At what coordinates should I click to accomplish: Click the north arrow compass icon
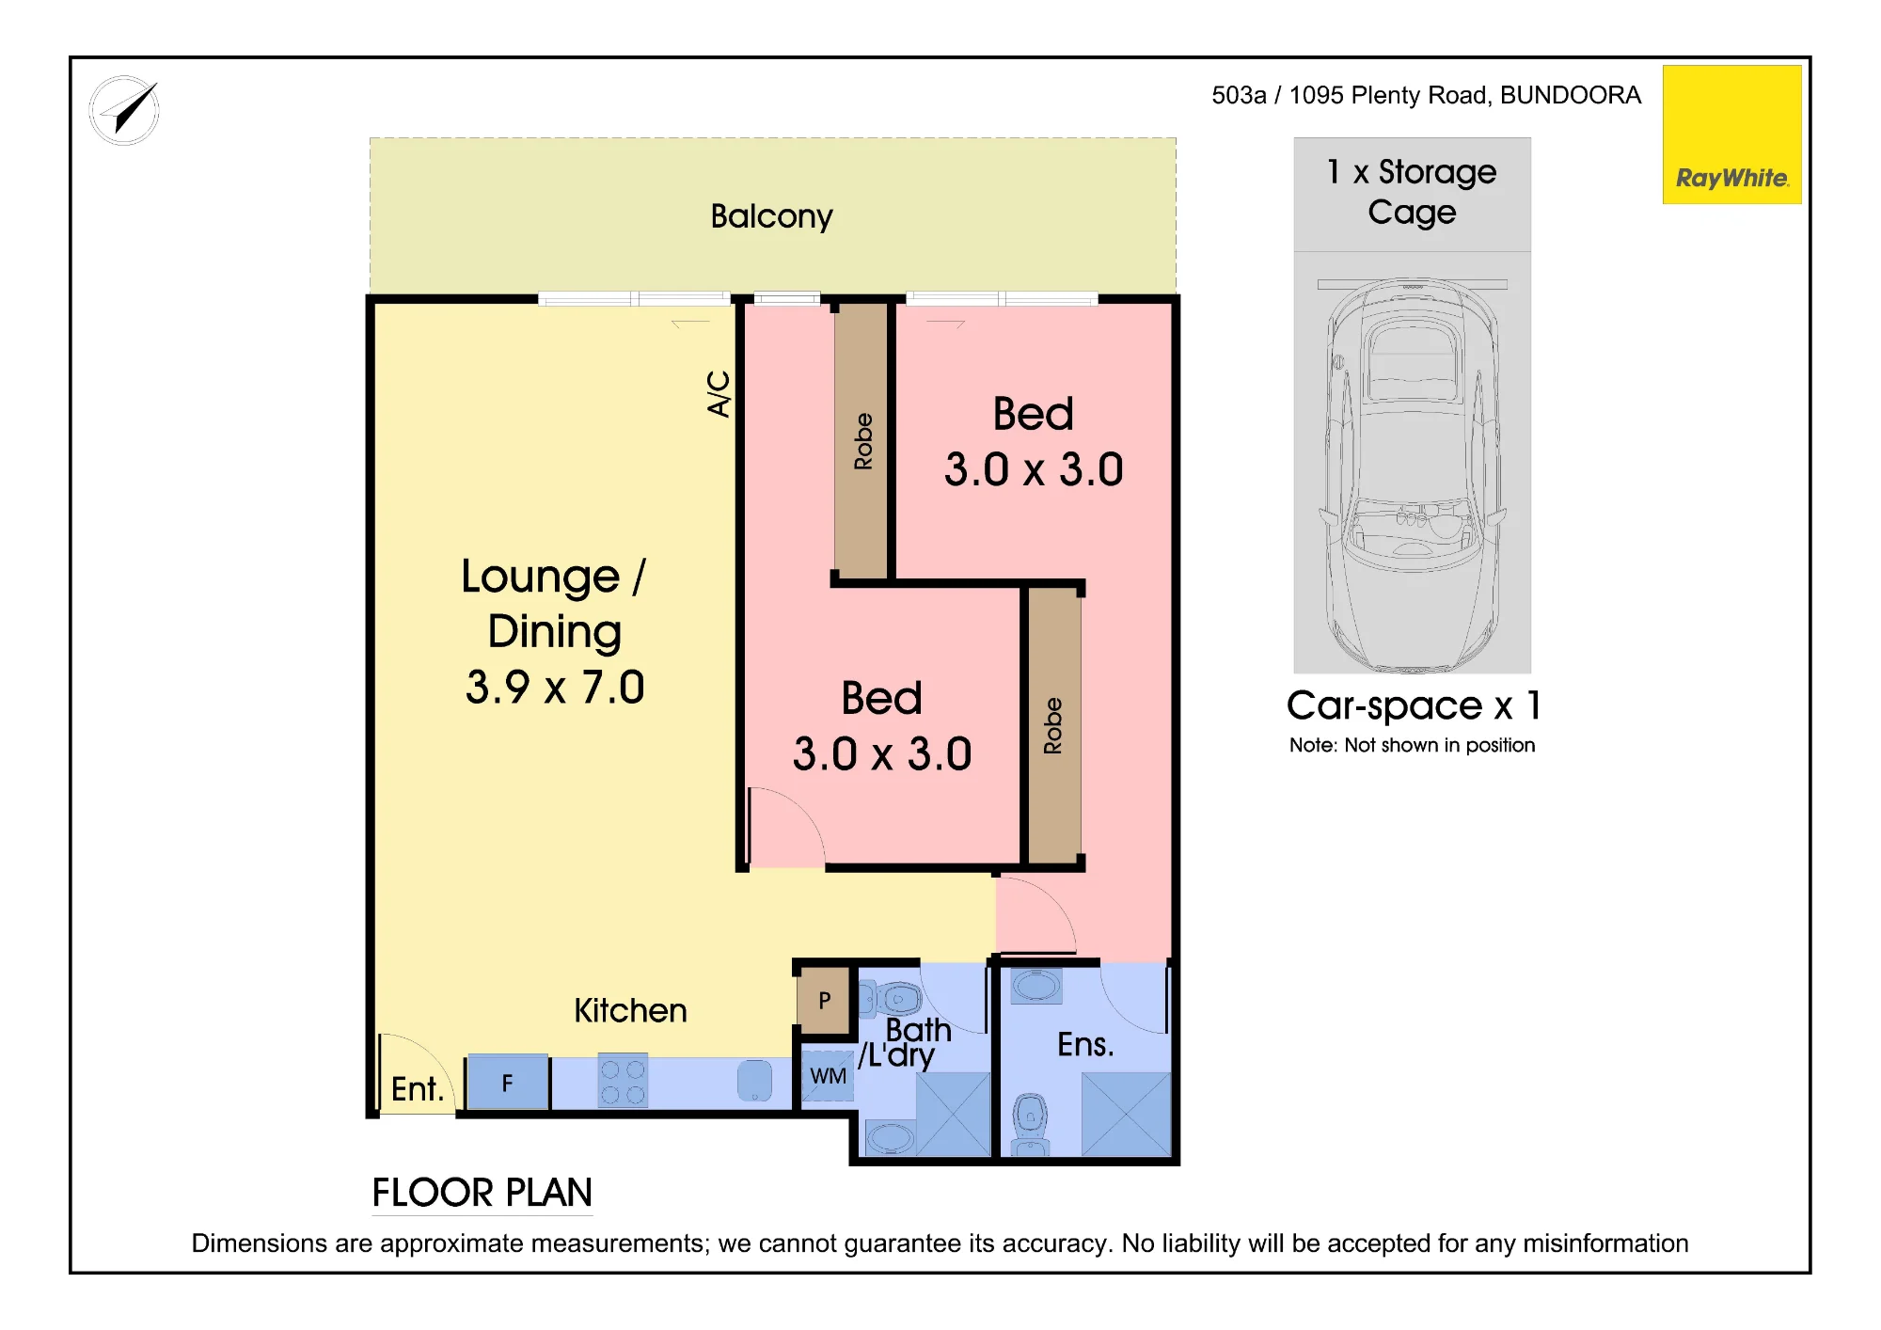[124, 111]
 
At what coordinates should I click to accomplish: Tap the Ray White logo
[1731, 135]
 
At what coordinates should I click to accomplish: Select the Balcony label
[771, 217]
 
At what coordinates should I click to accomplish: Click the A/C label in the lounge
[719, 393]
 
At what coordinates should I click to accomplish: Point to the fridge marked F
[508, 1083]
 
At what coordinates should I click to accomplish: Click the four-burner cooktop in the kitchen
[623, 1081]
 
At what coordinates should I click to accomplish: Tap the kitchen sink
[754, 1081]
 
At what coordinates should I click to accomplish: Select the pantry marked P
[824, 1000]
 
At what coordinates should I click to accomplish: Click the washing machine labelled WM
[828, 1076]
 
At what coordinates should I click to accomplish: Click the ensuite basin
[1036, 986]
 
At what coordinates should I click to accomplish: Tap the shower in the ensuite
[1126, 1115]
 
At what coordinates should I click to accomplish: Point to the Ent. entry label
[418, 1089]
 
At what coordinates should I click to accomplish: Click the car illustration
[1412, 475]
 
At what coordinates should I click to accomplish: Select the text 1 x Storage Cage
[1412, 192]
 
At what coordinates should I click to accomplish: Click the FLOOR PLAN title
[482, 1193]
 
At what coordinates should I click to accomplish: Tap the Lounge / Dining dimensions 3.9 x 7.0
[555, 688]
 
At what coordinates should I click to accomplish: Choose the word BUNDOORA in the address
[1571, 95]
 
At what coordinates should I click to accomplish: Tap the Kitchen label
[630, 1011]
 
